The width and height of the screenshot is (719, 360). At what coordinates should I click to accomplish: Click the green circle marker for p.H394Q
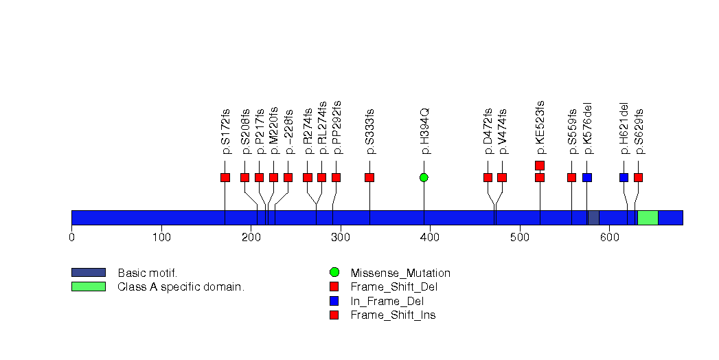click(424, 177)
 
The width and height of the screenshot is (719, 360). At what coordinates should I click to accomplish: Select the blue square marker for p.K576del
click(586, 177)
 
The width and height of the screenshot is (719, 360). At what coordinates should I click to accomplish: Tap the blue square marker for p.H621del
click(624, 177)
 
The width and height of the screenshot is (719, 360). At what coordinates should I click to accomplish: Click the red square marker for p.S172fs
click(225, 177)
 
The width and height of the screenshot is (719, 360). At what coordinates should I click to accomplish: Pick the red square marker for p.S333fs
click(369, 177)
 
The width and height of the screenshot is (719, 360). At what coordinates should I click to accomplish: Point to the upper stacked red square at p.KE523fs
click(540, 165)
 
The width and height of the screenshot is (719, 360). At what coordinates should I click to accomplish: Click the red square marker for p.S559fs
click(571, 177)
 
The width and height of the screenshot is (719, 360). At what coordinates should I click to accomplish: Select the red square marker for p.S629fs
click(638, 177)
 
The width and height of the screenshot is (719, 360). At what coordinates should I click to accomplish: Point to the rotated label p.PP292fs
click(336, 127)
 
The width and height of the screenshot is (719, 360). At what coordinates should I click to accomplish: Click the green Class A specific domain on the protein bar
click(648, 218)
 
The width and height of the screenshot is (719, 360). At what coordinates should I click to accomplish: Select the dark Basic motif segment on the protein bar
click(593, 218)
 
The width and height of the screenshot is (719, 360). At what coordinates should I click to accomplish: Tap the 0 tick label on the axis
click(71, 238)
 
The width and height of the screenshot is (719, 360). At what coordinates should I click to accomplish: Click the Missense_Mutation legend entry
click(400, 273)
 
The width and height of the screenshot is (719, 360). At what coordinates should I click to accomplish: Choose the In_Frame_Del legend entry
click(387, 301)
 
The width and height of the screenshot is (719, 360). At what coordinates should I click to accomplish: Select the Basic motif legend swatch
click(88, 273)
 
